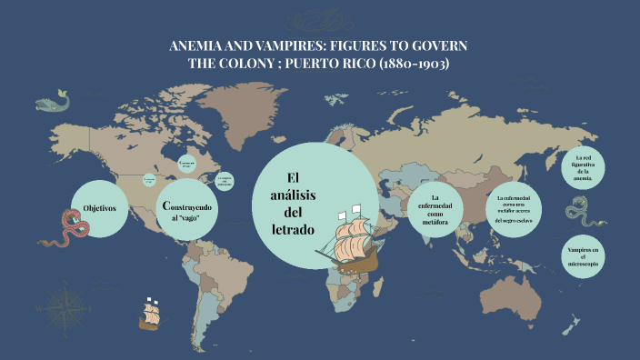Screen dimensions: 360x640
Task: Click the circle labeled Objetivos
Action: click(x=99, y=208)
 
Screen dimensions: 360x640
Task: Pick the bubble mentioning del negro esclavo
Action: click(x=514, y=209)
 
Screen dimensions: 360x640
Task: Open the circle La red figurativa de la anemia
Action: click(x=583, y=168)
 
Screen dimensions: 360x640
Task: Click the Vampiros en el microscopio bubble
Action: click(x=583, y=256)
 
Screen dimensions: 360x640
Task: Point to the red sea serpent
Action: click(x=68, y=228)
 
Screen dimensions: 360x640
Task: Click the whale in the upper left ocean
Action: click(x=55, y=98)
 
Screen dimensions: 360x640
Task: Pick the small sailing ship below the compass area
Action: click(x=153, y=315)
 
